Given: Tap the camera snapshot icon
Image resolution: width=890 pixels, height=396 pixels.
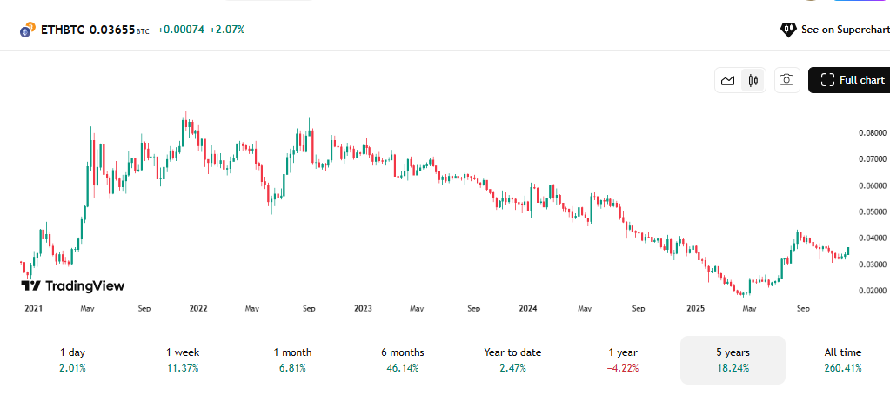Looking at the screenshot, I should pos(786,80).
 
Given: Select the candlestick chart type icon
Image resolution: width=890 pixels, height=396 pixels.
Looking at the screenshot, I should pos(753,80).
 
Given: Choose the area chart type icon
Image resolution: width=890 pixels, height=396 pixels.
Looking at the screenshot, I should pos(728,80).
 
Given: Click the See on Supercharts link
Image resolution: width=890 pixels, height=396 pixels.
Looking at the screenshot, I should pos(834,30).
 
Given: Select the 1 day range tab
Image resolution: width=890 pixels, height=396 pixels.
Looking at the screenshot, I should pos(73,359).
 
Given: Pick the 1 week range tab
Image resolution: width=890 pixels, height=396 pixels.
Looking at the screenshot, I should pos(183,359).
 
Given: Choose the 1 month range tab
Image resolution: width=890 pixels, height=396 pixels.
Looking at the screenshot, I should pos(292,359).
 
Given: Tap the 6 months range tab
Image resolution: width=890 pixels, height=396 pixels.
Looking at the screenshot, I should pos(402,359).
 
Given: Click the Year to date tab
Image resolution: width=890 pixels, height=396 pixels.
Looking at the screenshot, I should pos(512,359).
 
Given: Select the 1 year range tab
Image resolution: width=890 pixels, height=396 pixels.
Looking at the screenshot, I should pos(622,359).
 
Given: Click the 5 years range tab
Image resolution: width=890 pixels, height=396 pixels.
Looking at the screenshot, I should pos(733,359).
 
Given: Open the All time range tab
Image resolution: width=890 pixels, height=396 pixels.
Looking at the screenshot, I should pos(842,359).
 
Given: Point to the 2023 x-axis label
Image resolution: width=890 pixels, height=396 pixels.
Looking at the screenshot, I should pos(363,308).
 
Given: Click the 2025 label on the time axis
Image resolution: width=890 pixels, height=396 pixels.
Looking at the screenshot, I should pos(695,308).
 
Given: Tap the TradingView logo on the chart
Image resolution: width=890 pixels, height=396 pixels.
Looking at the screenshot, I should pos(73,285).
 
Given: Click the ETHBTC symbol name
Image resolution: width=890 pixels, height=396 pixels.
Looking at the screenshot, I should pos(63,30).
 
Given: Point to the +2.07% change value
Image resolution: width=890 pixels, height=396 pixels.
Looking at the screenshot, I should pos(227,30).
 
